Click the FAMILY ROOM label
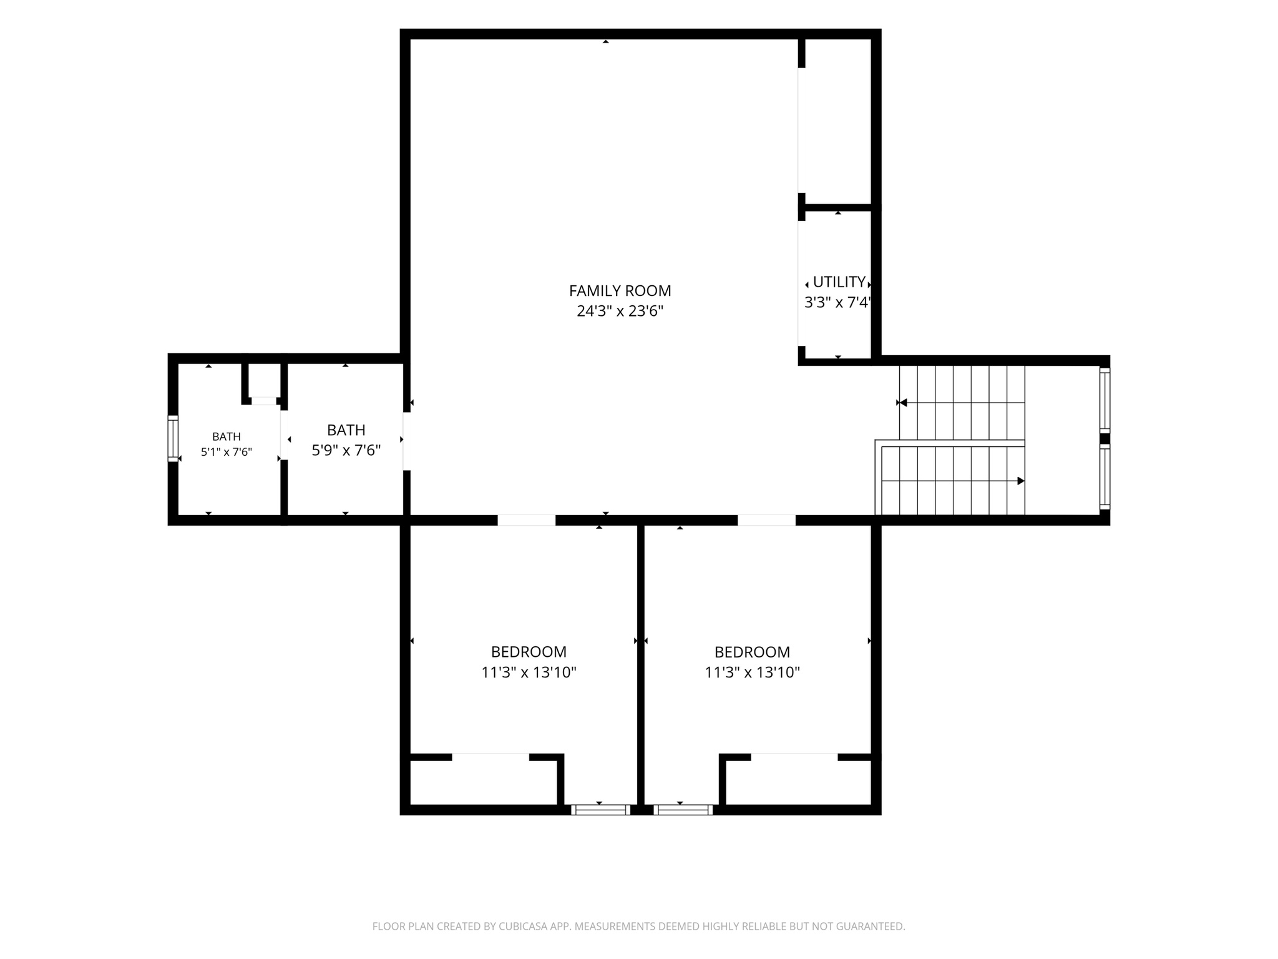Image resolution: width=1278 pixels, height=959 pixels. click(x=620, y=290)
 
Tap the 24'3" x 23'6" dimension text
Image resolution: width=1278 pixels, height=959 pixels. click(x=620, y=311)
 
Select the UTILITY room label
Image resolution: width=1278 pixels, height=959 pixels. click(x=839, y=282)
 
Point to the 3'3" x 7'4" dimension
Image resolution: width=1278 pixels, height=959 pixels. click(x=837, y=303)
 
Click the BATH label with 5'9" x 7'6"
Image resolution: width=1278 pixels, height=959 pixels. click(x=346, y=430)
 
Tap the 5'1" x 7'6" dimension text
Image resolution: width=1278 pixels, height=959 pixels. click(x=226, y=452)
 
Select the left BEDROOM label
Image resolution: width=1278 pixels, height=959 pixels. click(x=529, y=652)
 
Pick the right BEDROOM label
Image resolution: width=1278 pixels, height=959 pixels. click(x=752, y=652)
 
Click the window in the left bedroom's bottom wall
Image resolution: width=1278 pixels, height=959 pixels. click(x=600, y=810)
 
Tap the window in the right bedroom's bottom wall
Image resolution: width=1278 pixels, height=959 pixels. click(x=683, y=810)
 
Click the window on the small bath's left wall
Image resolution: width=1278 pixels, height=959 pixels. click(x=173, y=438)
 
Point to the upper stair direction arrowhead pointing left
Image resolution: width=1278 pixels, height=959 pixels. click(x=903, y=403)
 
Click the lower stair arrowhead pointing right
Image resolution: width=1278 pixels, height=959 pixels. click(x=1021, y=481)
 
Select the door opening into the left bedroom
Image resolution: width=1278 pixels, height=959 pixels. click(x=526, y=520)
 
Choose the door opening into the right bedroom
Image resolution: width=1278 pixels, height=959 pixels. click(x=766, y=520)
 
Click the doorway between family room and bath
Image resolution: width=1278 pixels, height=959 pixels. click(x=406, y=441)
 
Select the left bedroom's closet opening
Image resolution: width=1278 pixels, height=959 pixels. click(x=490, y=757)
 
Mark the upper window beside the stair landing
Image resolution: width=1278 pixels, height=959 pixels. click(x=1105, y=400)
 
